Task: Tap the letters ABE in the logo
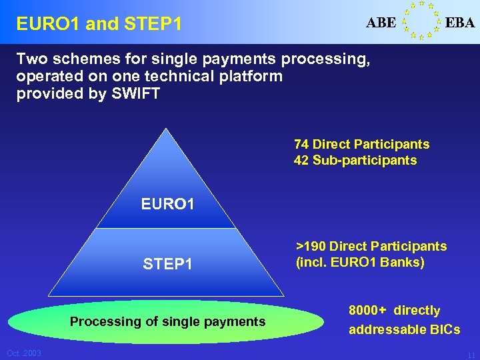[x=381, y=23]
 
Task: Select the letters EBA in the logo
[x=460, y=23]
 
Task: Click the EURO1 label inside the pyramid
[x=167, y=203]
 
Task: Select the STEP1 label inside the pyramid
[x=167, y=264]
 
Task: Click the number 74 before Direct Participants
[x=301, y=144]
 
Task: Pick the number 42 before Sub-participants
[x=301, y=160]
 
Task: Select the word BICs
[x=442, y=329]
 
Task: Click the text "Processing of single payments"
[x=167, y=321]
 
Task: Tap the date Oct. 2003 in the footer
[x=24, y=353]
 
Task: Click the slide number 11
[x=471, y=355]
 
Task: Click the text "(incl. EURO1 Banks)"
[x=360, y=262]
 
